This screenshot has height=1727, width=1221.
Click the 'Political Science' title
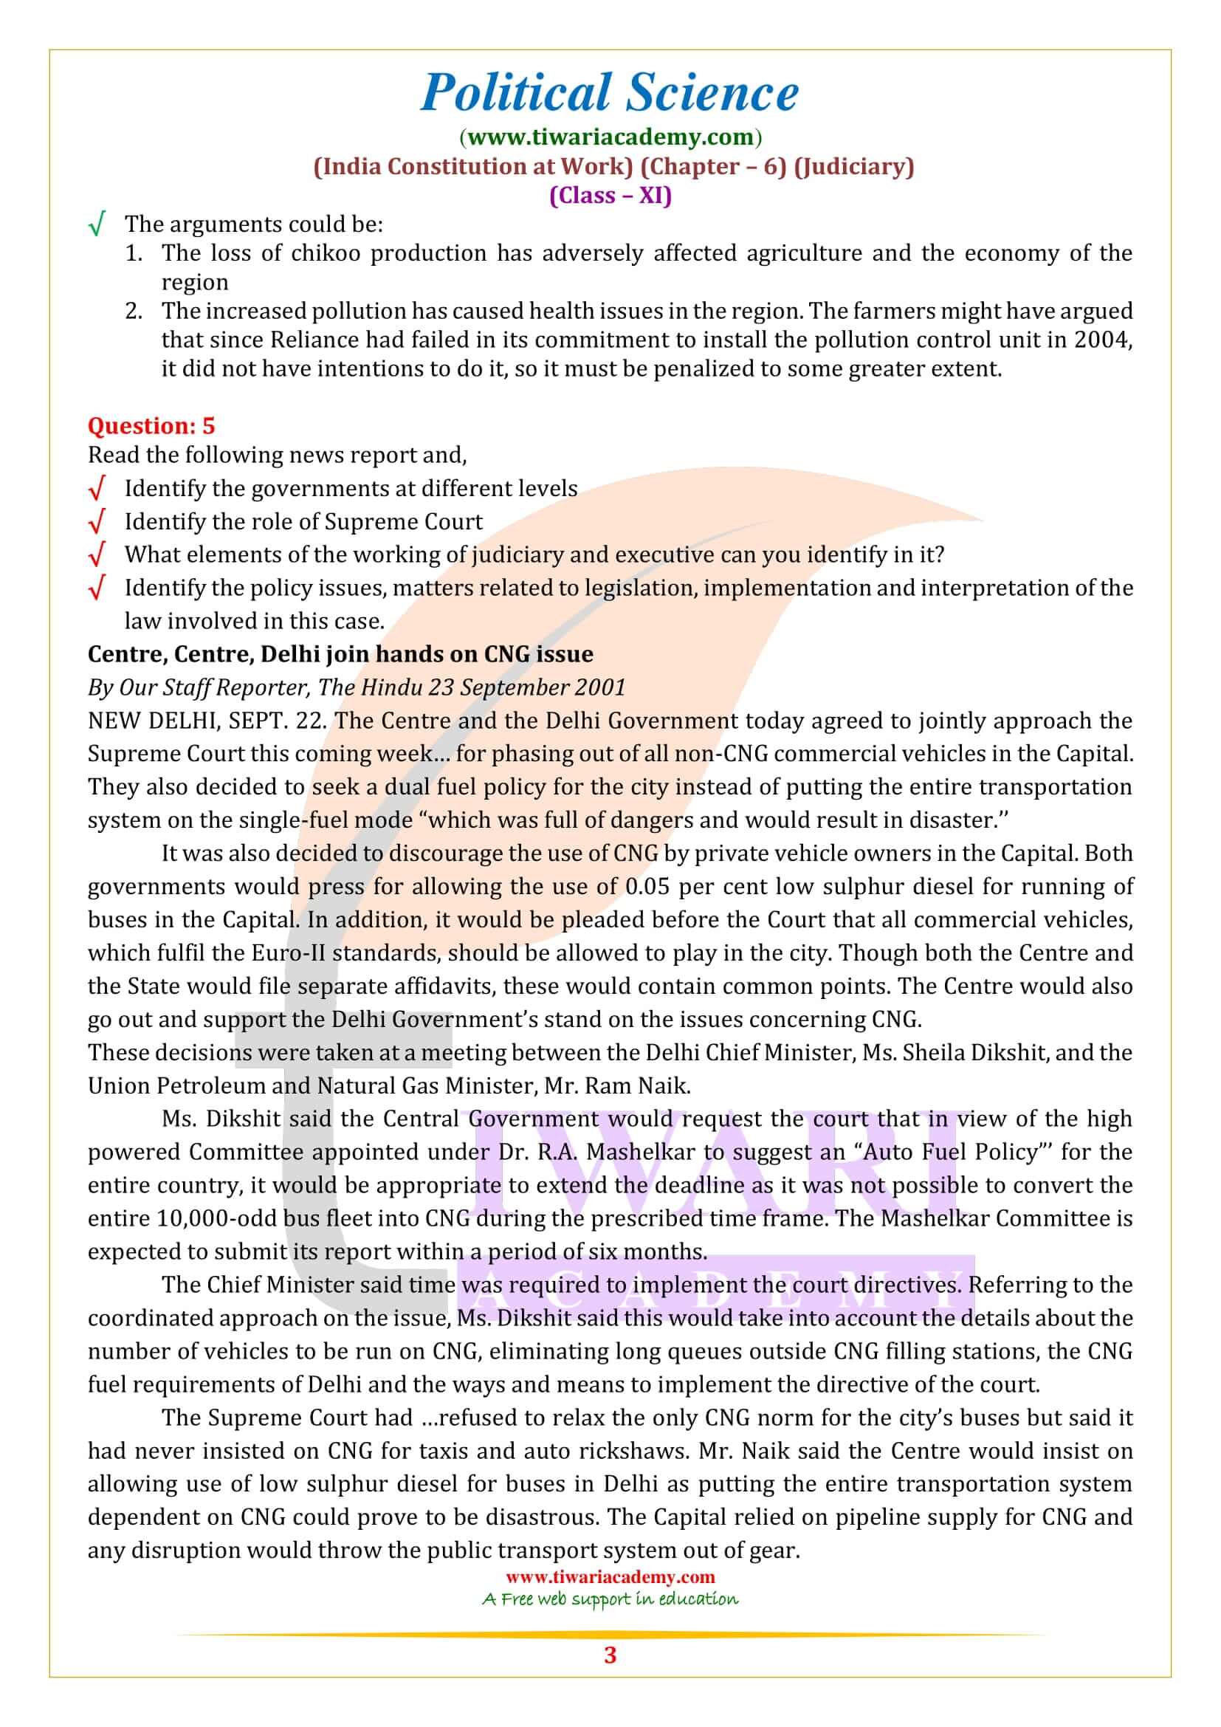coord(610,93)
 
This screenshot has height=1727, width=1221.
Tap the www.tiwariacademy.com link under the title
coord(610,137)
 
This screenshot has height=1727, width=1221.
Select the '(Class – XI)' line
coord(610,196)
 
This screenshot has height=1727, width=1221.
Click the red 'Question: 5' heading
coord(151,426)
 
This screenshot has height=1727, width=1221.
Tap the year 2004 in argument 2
coord(1103,340)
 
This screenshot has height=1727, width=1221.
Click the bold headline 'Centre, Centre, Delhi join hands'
coord(340,653)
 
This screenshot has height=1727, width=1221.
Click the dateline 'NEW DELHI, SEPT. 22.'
coord(207,721)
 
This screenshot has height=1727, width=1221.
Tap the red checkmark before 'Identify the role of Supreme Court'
coord(96,522)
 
